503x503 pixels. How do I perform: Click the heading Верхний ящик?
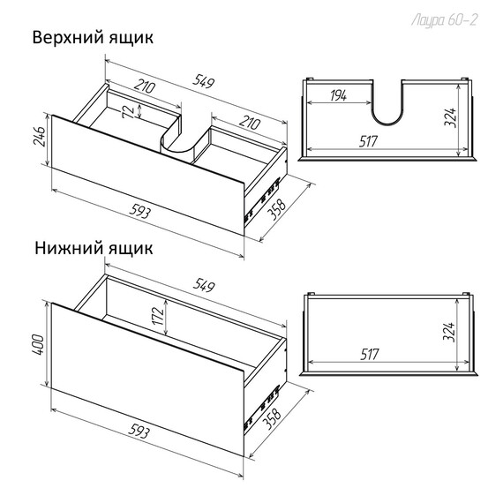click(94, 39)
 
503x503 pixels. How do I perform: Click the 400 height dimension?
click(37, 344)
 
